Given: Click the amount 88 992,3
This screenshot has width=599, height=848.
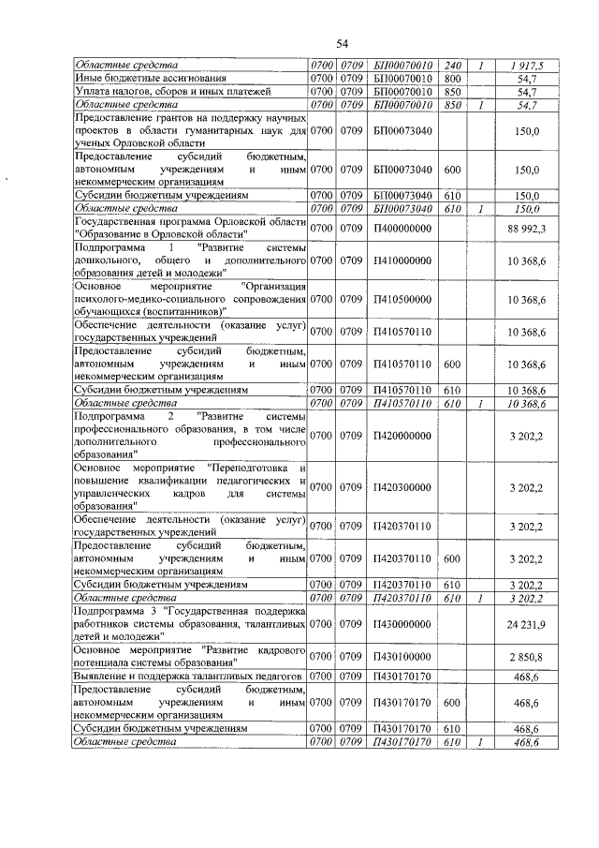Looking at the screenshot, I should (526, 227).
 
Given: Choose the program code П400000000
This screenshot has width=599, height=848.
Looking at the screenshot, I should (402, 227).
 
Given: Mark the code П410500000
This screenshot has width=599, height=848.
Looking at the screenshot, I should (402, 298).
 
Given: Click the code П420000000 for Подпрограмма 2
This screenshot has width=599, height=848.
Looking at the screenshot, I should (402, 435).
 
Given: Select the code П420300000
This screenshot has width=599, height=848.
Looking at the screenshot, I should (402, 487).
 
